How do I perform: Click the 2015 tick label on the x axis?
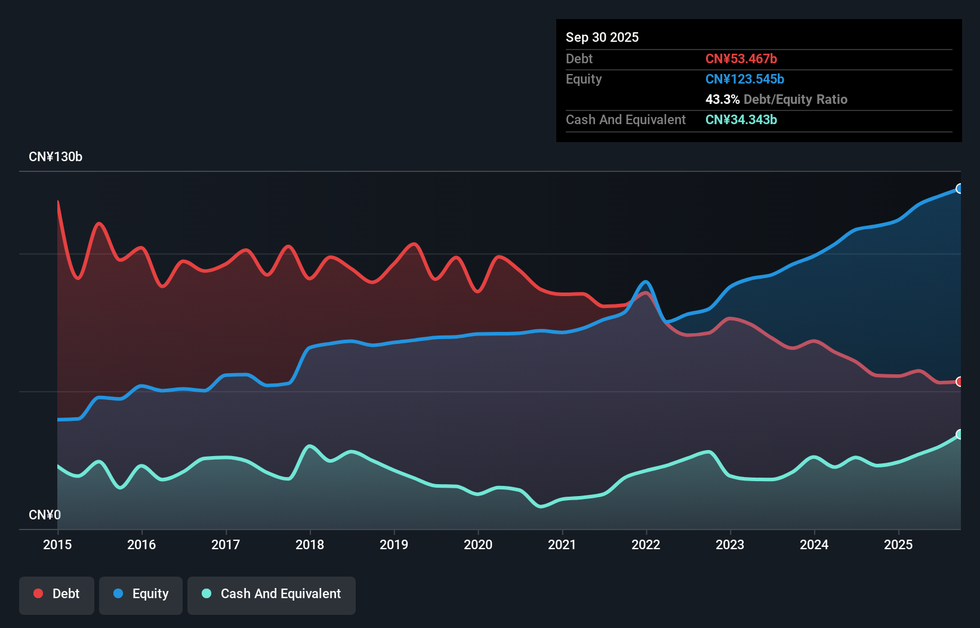(x=57, y=544)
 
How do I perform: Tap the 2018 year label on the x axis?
(x=310, y=544)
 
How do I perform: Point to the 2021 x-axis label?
(x=562, y=544)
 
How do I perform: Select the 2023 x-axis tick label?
(x=730, y=544)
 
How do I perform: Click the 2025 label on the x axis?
(x=898, y=544)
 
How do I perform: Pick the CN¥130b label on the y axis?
(x=56, y=157)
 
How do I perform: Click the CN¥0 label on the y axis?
(x=45, y=515)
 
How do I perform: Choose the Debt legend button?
(x=57, y=594)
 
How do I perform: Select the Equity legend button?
(x=141, y=594)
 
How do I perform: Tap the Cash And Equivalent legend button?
(x=272, y=594)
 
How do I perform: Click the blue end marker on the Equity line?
(x=959, y=189)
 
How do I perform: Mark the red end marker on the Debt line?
(x=959, y=381)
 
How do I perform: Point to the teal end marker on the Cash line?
(x=959, y=434)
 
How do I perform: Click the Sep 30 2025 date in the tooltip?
(x=602, y=37)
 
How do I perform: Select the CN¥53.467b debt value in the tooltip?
(x=741, y=59)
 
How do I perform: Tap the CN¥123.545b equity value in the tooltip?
(x=744, y=79)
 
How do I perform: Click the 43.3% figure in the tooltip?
(x=722, y=99)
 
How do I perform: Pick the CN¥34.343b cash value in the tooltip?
(x=741, y=119)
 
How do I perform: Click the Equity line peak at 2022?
(x=646, y=282)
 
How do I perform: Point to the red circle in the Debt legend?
(x=38, y=593)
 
